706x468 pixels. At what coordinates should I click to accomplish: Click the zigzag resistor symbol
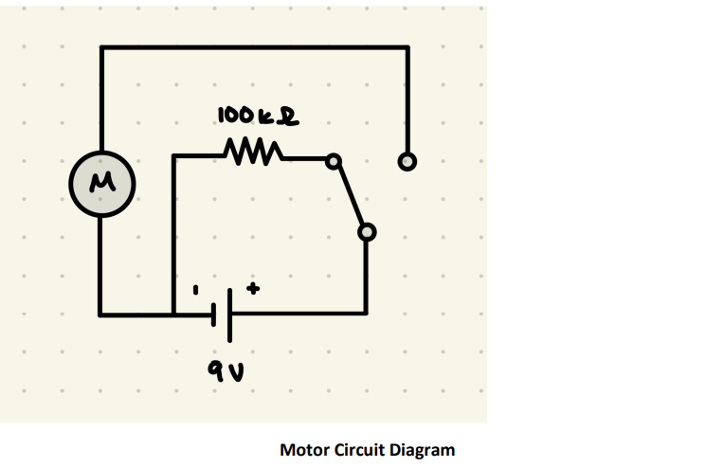[251, 152]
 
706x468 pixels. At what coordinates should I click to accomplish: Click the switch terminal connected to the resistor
[333, 161]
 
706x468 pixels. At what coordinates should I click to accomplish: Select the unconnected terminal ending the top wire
[407, 162]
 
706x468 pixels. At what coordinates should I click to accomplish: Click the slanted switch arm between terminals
[349, 196]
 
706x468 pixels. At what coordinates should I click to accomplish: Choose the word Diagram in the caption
[425, 449]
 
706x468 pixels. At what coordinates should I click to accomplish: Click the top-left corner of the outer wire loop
[101, 46]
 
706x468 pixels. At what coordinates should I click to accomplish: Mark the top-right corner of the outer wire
[407, 46]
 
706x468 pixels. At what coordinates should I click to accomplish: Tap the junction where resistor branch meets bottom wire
[173, 313]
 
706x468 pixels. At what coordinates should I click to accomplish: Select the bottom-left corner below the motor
[101, 313]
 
